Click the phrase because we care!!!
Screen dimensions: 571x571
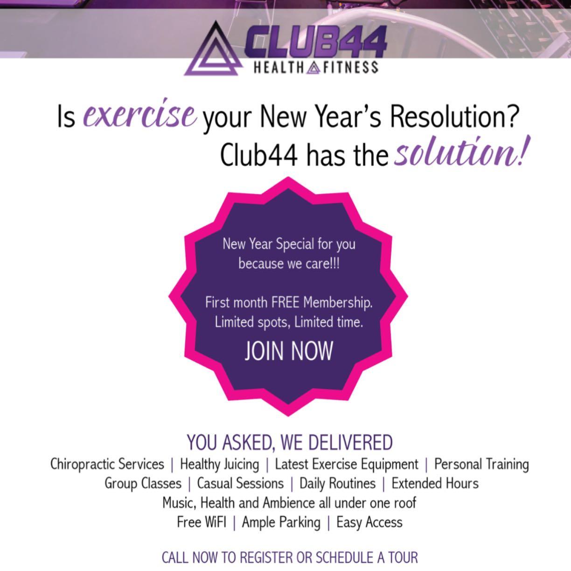click(x=289, y=264)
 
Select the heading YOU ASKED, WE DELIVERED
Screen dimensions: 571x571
click(x=290, y=443)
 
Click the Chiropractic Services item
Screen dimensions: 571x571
click(x=107, y=464)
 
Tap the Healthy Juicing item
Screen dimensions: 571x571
click(x=220, y=465)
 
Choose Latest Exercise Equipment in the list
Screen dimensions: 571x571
click(x=347, y=465)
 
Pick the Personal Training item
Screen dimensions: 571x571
click(x=481, y=465)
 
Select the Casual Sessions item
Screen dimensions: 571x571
click(x=240, y=483)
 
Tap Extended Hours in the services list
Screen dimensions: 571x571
click(x=435, y=483)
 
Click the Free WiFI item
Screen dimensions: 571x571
click(x=202, y=522)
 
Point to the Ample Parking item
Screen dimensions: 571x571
click(x=281, y=522)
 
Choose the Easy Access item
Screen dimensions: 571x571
click(x=369, y=522)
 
